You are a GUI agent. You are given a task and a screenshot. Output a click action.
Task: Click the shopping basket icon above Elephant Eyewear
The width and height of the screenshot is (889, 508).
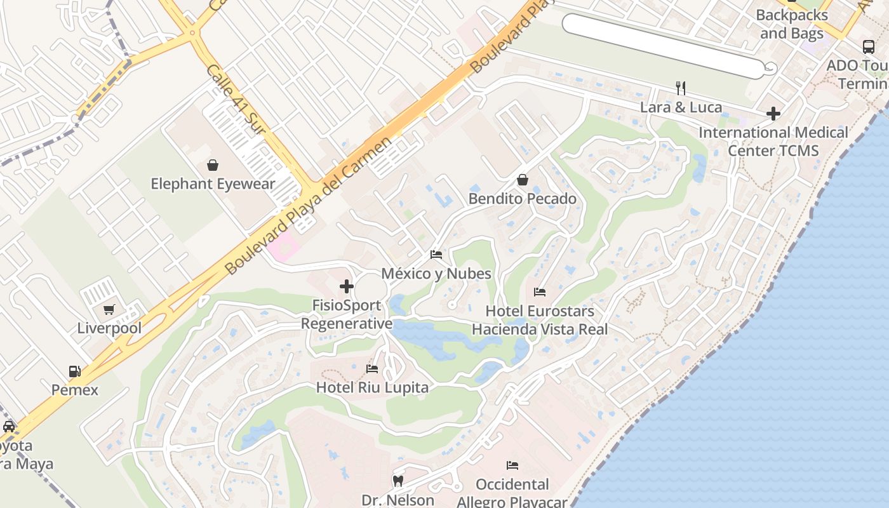(x=213, y=165)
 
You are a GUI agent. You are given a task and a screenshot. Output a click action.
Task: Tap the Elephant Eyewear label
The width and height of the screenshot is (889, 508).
(x=213, y=184)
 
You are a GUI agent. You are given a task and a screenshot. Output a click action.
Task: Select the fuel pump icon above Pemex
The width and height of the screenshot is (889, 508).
(x=75, y=371)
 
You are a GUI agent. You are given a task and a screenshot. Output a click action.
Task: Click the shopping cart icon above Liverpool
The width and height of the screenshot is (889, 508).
(x=109, y=309)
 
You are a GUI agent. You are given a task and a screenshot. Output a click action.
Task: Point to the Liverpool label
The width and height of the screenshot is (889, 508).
(x=109, y=328)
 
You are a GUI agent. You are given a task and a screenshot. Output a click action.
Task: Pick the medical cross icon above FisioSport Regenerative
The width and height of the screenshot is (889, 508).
(x=347, y=286)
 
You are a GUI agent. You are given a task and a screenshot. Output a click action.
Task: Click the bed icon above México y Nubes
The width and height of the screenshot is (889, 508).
(x=436, y=255)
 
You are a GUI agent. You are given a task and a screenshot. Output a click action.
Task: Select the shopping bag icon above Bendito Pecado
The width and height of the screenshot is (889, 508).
(x=523, y=180)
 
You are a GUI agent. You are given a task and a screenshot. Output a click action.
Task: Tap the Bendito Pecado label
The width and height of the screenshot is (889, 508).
(x=523, y=199)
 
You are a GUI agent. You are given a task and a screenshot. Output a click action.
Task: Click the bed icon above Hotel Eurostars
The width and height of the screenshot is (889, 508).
(x=540, y=292)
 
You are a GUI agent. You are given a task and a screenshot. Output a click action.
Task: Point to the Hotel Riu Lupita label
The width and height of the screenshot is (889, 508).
(x=372, y=387)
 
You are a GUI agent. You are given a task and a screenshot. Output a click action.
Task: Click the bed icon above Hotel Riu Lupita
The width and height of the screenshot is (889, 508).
(x=372, y=368)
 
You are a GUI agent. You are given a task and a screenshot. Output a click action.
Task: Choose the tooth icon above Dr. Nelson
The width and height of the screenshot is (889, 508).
(x=398, y=481)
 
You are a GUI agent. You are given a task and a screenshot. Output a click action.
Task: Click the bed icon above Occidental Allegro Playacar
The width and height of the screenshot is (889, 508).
(x=512, y=465)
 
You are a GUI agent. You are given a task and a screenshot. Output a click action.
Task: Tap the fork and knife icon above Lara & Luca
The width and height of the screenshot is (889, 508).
(x=681, y=88)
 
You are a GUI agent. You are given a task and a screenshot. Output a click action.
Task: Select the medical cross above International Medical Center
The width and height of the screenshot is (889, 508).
(x=773, y=114)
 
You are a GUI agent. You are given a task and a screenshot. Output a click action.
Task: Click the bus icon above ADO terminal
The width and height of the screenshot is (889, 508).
(x=868, y=46)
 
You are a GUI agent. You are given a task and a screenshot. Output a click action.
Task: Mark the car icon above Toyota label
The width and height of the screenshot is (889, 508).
(x=9, y=426)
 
